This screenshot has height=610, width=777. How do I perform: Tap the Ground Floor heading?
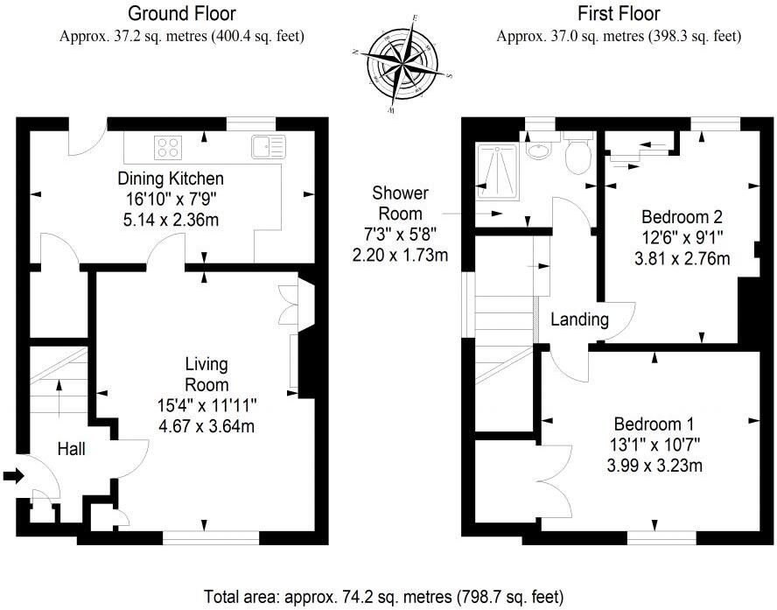181,14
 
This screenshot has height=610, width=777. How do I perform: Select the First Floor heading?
619,14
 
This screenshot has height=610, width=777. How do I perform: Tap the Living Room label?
206,374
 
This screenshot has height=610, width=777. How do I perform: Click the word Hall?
72,449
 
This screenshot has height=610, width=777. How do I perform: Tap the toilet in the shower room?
577,156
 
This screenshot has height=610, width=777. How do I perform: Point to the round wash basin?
540,150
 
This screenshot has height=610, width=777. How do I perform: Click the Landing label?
579,319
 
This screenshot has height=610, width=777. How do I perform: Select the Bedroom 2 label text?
682,216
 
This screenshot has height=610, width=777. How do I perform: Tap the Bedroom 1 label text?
655,422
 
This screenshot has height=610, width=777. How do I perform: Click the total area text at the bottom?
384,598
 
